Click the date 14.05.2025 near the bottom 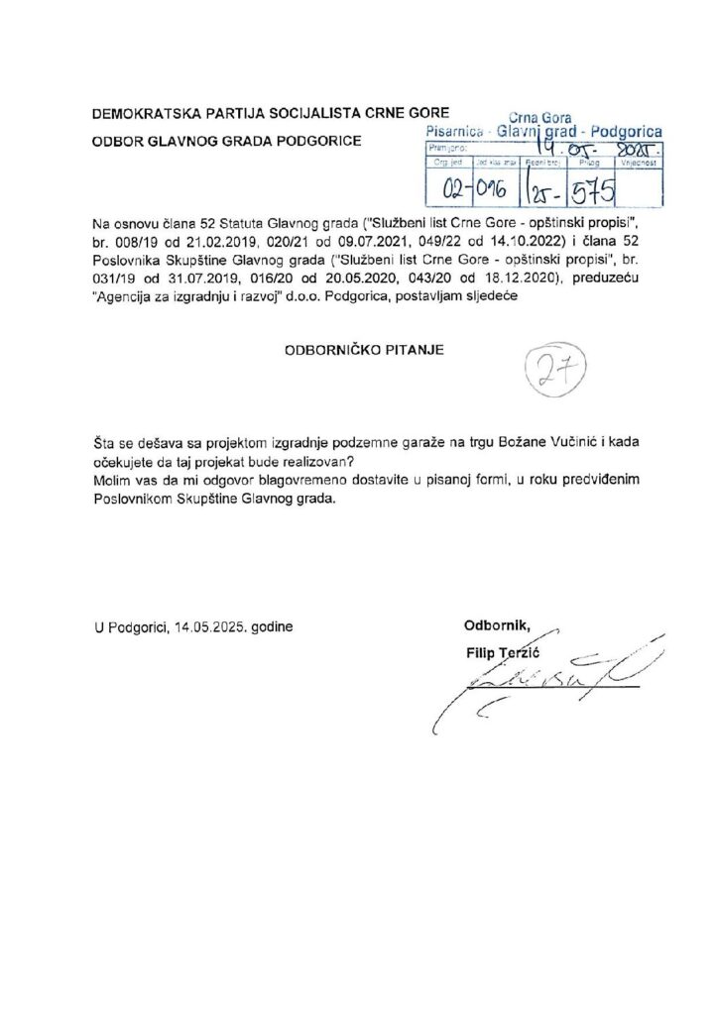click(210, 627)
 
